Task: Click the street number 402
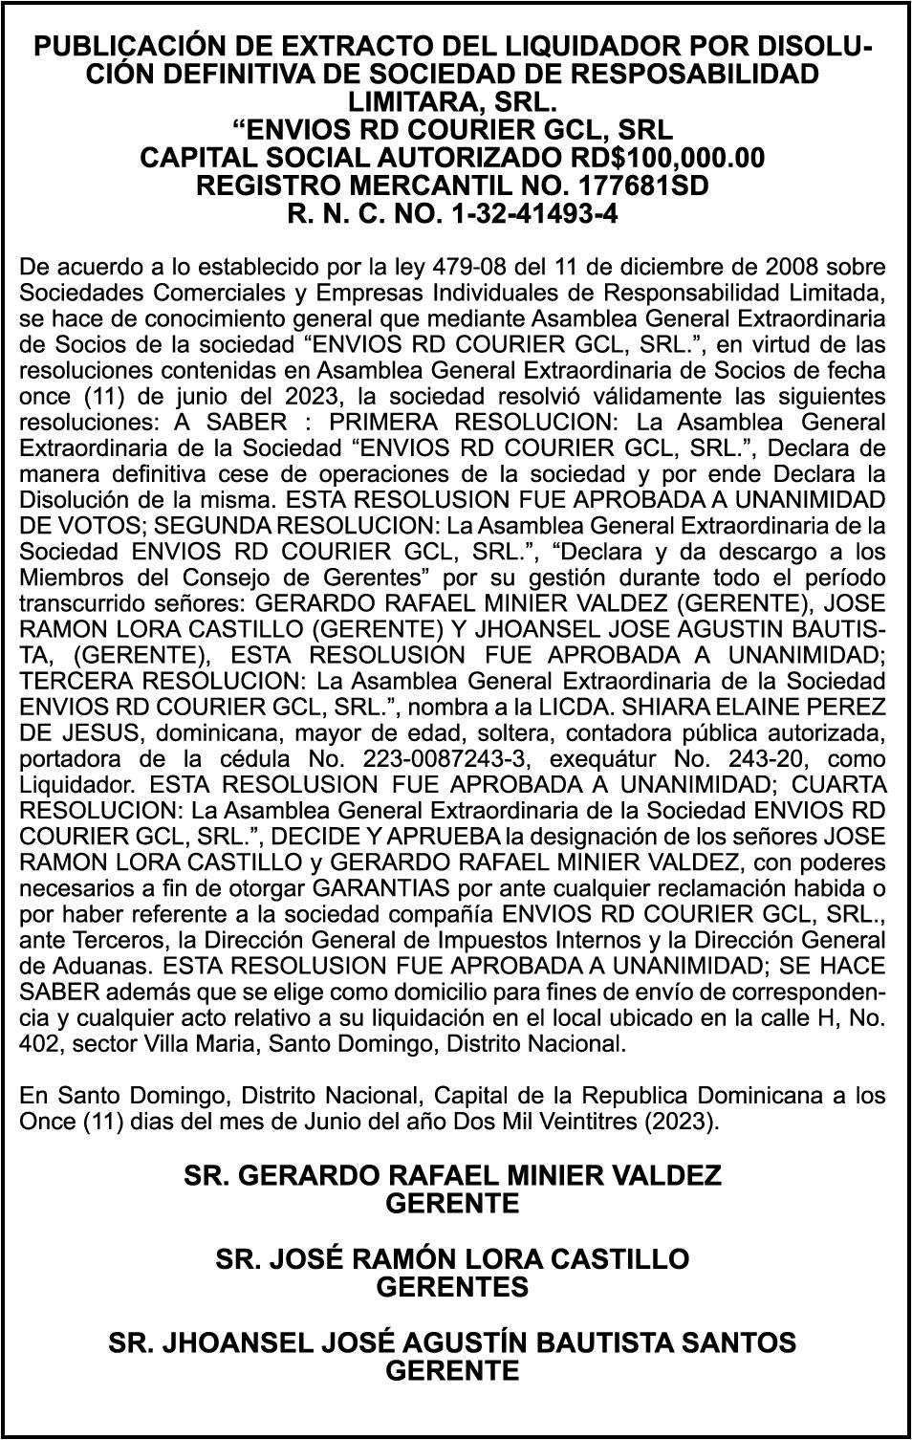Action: coord(36,1044)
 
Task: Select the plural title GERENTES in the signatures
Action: coord(452,1287)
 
